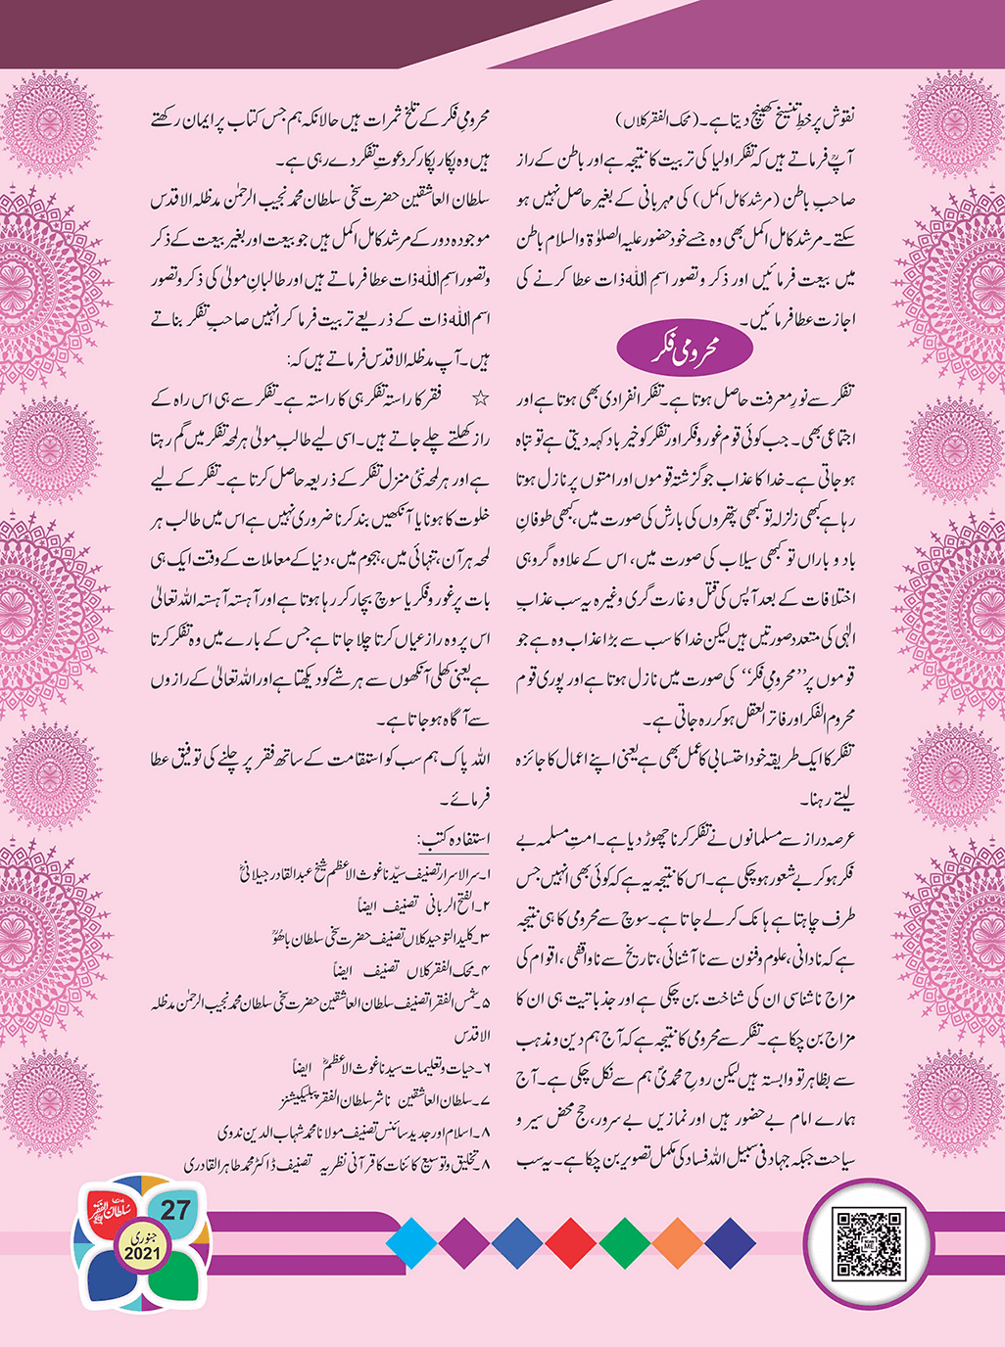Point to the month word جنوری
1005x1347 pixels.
tap(142, 1237)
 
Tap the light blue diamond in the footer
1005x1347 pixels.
tap(411, 1243)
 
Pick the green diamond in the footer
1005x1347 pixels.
tap(624, 1243)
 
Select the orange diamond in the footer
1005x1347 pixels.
tap(677, 1243)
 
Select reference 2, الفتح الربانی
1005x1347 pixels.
tap(411, 906)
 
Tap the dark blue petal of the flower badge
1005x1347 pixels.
tap(113, 1277)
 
